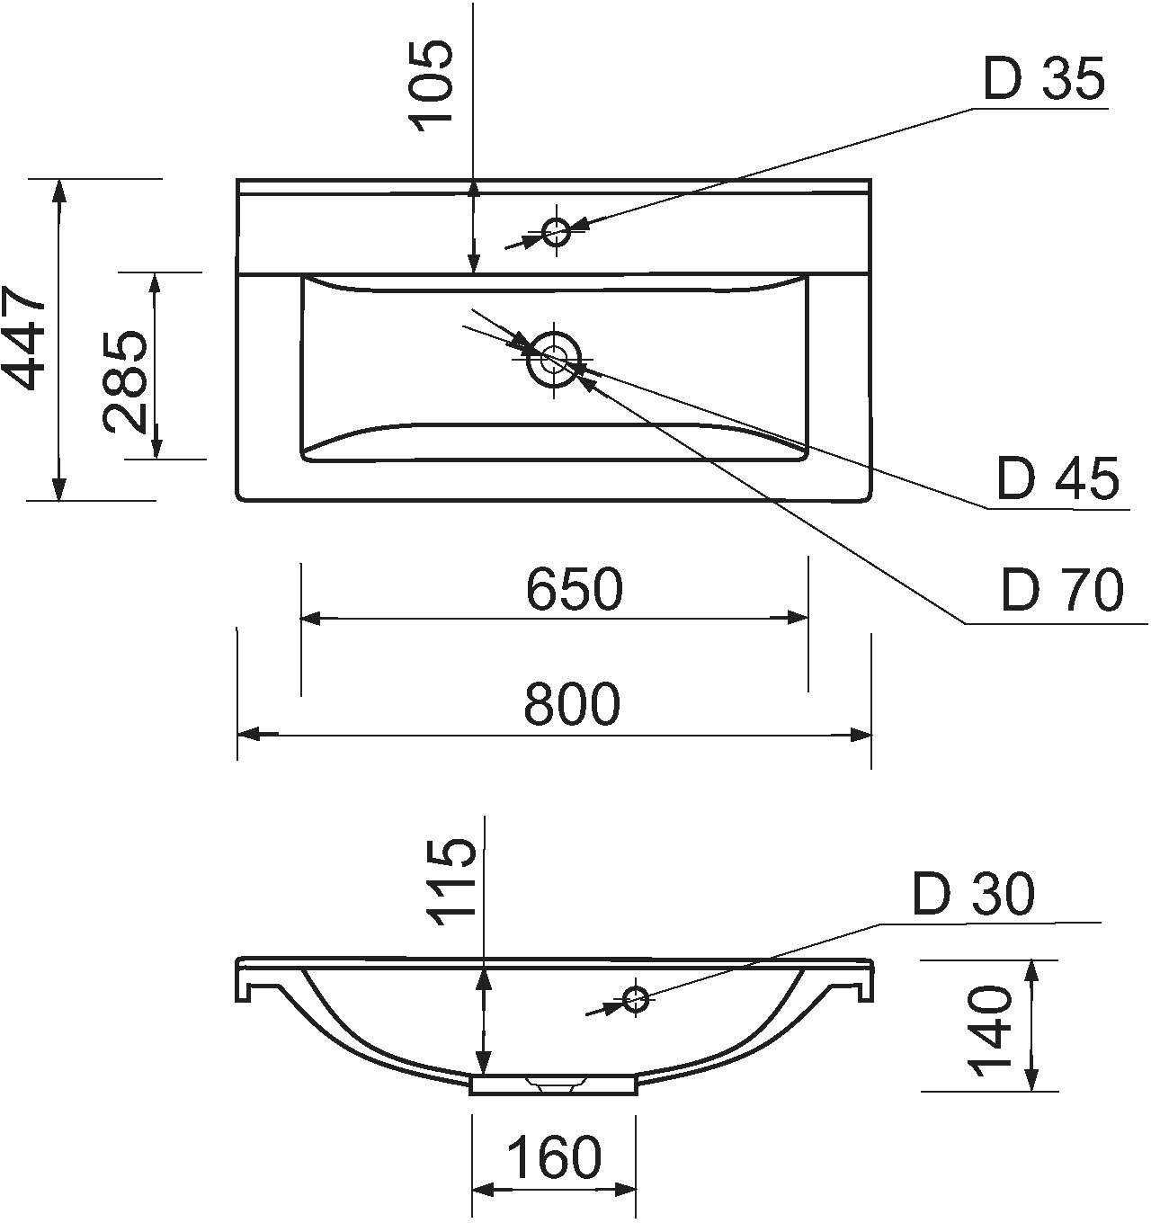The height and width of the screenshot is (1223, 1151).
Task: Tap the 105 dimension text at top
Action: tap(430, 85)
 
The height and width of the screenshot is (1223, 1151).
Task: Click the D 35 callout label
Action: tap(1043, 79)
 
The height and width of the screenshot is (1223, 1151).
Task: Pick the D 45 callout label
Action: tap(1057, 478)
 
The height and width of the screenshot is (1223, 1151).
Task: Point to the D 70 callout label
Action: tap(1062, 591)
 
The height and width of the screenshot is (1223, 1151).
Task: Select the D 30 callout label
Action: tap(973, 894)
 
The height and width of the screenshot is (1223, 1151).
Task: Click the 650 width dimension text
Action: tap(574, 589)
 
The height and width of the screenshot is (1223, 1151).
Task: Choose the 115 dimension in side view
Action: tap(451, 881)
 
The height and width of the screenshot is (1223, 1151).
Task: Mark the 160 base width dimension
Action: tap(554, 1156)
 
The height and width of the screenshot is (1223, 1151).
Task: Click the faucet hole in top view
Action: tap(557, 232)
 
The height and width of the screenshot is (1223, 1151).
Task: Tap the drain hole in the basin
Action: tap(553, 357)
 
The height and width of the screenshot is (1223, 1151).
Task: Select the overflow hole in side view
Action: tap(636, 999)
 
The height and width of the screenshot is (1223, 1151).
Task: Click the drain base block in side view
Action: tap(553, 1085)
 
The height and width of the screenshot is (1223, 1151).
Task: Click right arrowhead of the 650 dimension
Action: tap(799, 617)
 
